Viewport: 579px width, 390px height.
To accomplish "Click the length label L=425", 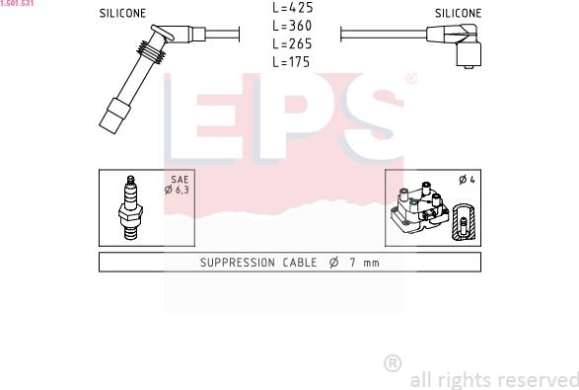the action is coord(292,7).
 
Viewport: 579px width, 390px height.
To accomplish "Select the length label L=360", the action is coord(292,26).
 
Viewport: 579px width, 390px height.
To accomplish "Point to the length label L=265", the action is coord(292,43).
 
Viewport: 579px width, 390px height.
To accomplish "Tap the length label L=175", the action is coord(291,62).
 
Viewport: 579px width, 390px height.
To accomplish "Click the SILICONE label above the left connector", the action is coord(122,13).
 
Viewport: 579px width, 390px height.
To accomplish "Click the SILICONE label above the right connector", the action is coord(458,13).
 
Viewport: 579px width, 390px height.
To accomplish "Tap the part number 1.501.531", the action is coord(17,3).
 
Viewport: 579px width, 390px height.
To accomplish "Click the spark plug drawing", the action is coord(130,207).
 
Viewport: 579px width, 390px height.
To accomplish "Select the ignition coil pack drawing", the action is coord(420,208).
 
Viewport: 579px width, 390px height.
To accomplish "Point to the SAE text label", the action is coord(180,180).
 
